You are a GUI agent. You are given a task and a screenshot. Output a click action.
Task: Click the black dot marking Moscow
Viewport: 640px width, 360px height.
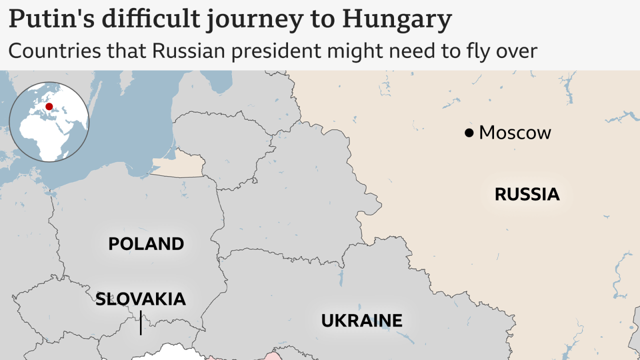click(468, 133)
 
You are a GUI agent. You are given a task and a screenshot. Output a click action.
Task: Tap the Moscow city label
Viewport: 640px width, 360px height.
click(514, 133)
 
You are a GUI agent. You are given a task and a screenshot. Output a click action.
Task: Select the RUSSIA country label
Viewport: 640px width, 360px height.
click(527, 194)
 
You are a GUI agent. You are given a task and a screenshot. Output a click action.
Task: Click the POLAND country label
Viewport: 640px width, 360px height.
click(146, 244)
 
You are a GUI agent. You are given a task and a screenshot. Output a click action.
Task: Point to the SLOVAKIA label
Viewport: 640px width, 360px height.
click(140, 299)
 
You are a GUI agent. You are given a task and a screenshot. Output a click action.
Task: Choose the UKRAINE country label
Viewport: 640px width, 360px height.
click(361, 320)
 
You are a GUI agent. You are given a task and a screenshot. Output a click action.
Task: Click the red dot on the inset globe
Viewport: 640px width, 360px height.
click(49, 106)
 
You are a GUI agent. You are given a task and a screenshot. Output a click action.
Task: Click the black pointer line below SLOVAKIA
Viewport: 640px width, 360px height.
click(140, 322)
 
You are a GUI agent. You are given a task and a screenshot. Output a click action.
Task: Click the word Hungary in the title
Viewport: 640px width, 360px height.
click(397, 19)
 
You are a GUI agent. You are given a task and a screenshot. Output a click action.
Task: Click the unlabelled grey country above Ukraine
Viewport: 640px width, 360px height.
click(300, 200)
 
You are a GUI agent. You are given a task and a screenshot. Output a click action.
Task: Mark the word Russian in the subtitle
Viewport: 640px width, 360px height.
click(189, 51)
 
